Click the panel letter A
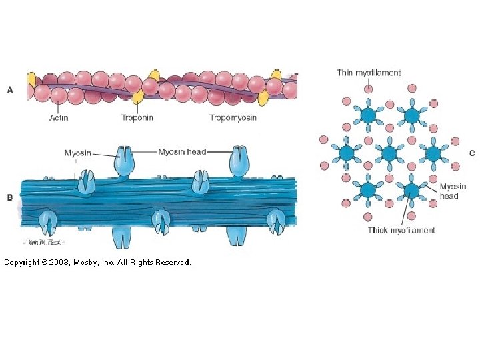pos(10,90)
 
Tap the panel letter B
pos(10,197)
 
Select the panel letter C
pos(471,153)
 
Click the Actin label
pos(59,118)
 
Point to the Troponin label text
pos(137,118)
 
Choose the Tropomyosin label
pos(233,118)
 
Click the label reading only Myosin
pos(77,153)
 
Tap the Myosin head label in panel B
pos(182,152)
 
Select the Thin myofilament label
pos(369,73)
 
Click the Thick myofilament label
pos(401,230)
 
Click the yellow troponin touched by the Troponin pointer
pos(139,98)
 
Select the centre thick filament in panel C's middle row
pos(389,153)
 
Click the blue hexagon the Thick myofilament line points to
pos(411,191)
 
